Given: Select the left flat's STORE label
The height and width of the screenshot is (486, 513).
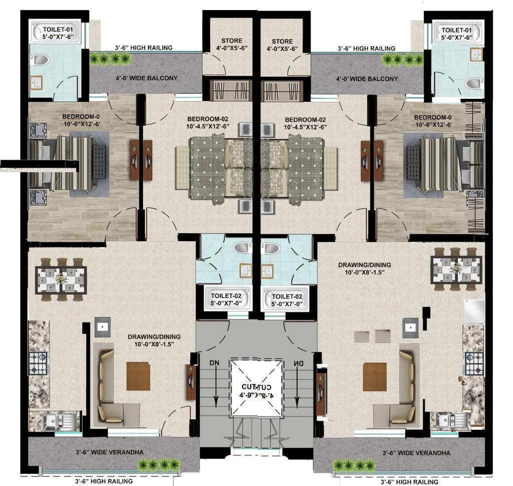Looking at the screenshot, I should point(231,41).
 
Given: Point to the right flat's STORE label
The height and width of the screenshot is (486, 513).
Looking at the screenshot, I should point(285,41).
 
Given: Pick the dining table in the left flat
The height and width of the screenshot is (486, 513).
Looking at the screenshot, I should point(61,279).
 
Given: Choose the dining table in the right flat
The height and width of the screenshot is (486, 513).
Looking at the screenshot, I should point(456,269).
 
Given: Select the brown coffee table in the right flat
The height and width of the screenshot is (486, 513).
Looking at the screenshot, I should point(375,376).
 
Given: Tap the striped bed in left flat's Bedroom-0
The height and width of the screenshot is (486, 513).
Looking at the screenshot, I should point(73,163).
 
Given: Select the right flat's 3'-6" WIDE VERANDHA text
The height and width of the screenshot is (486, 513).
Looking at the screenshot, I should point(416,453).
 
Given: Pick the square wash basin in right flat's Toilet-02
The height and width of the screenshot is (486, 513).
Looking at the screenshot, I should point(273,270).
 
